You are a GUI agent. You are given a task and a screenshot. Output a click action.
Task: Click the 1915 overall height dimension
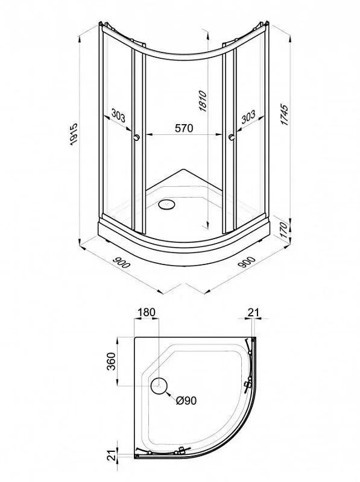tap(74, 134)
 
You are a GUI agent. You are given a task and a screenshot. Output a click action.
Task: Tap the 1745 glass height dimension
tap(285, 115)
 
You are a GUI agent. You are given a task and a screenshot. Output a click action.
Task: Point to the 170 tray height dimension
tap(284, 231)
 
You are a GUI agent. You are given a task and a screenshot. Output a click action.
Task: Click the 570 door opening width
tap(184, 128)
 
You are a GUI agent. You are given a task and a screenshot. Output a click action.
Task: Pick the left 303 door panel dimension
tap(118, 116)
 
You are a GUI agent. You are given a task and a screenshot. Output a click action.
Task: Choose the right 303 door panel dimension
tap(248, 116)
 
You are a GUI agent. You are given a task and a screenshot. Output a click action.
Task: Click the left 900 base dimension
tap(121, 262)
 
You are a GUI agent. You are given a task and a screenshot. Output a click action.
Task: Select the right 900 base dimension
tap(247, 262)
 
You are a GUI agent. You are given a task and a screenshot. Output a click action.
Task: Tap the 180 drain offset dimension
tap(147, 312)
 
